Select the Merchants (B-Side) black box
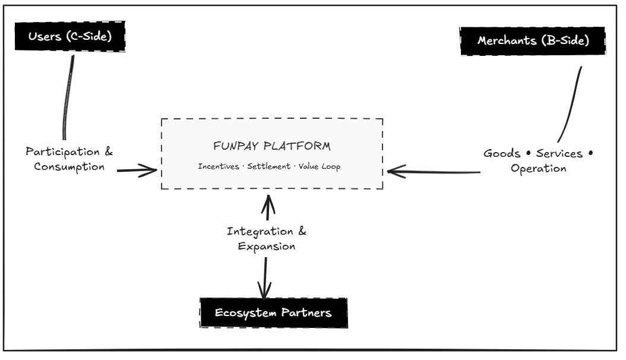pos(533,42)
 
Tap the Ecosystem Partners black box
pos(273,312)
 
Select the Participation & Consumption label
pos(69,159)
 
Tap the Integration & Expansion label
pos(267,238)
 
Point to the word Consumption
pos(69,166)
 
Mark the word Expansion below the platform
pos(267,246)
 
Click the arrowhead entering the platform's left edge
pos(153,170)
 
